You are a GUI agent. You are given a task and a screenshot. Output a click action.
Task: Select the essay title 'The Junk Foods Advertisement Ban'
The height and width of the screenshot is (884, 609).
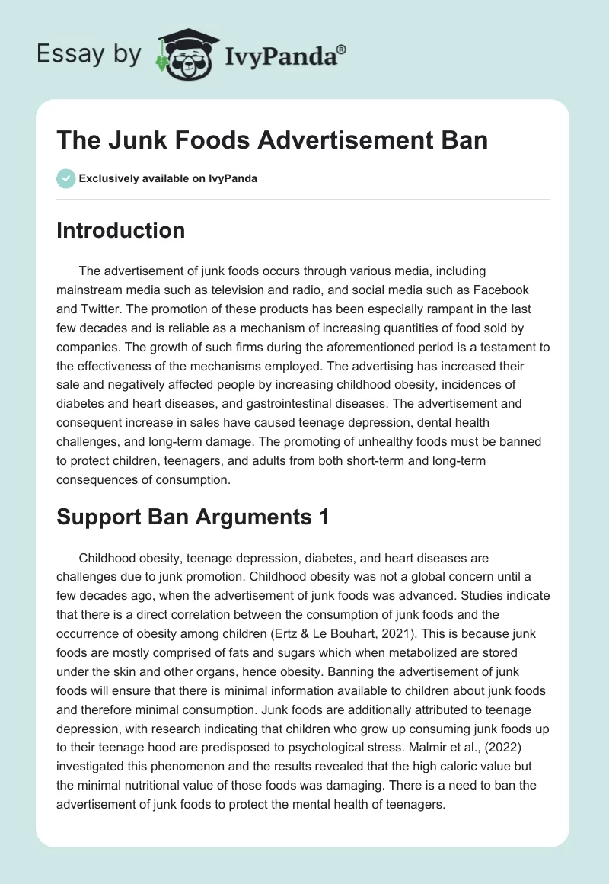272,142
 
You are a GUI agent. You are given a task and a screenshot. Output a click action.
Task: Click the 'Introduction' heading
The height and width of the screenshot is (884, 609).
120,230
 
